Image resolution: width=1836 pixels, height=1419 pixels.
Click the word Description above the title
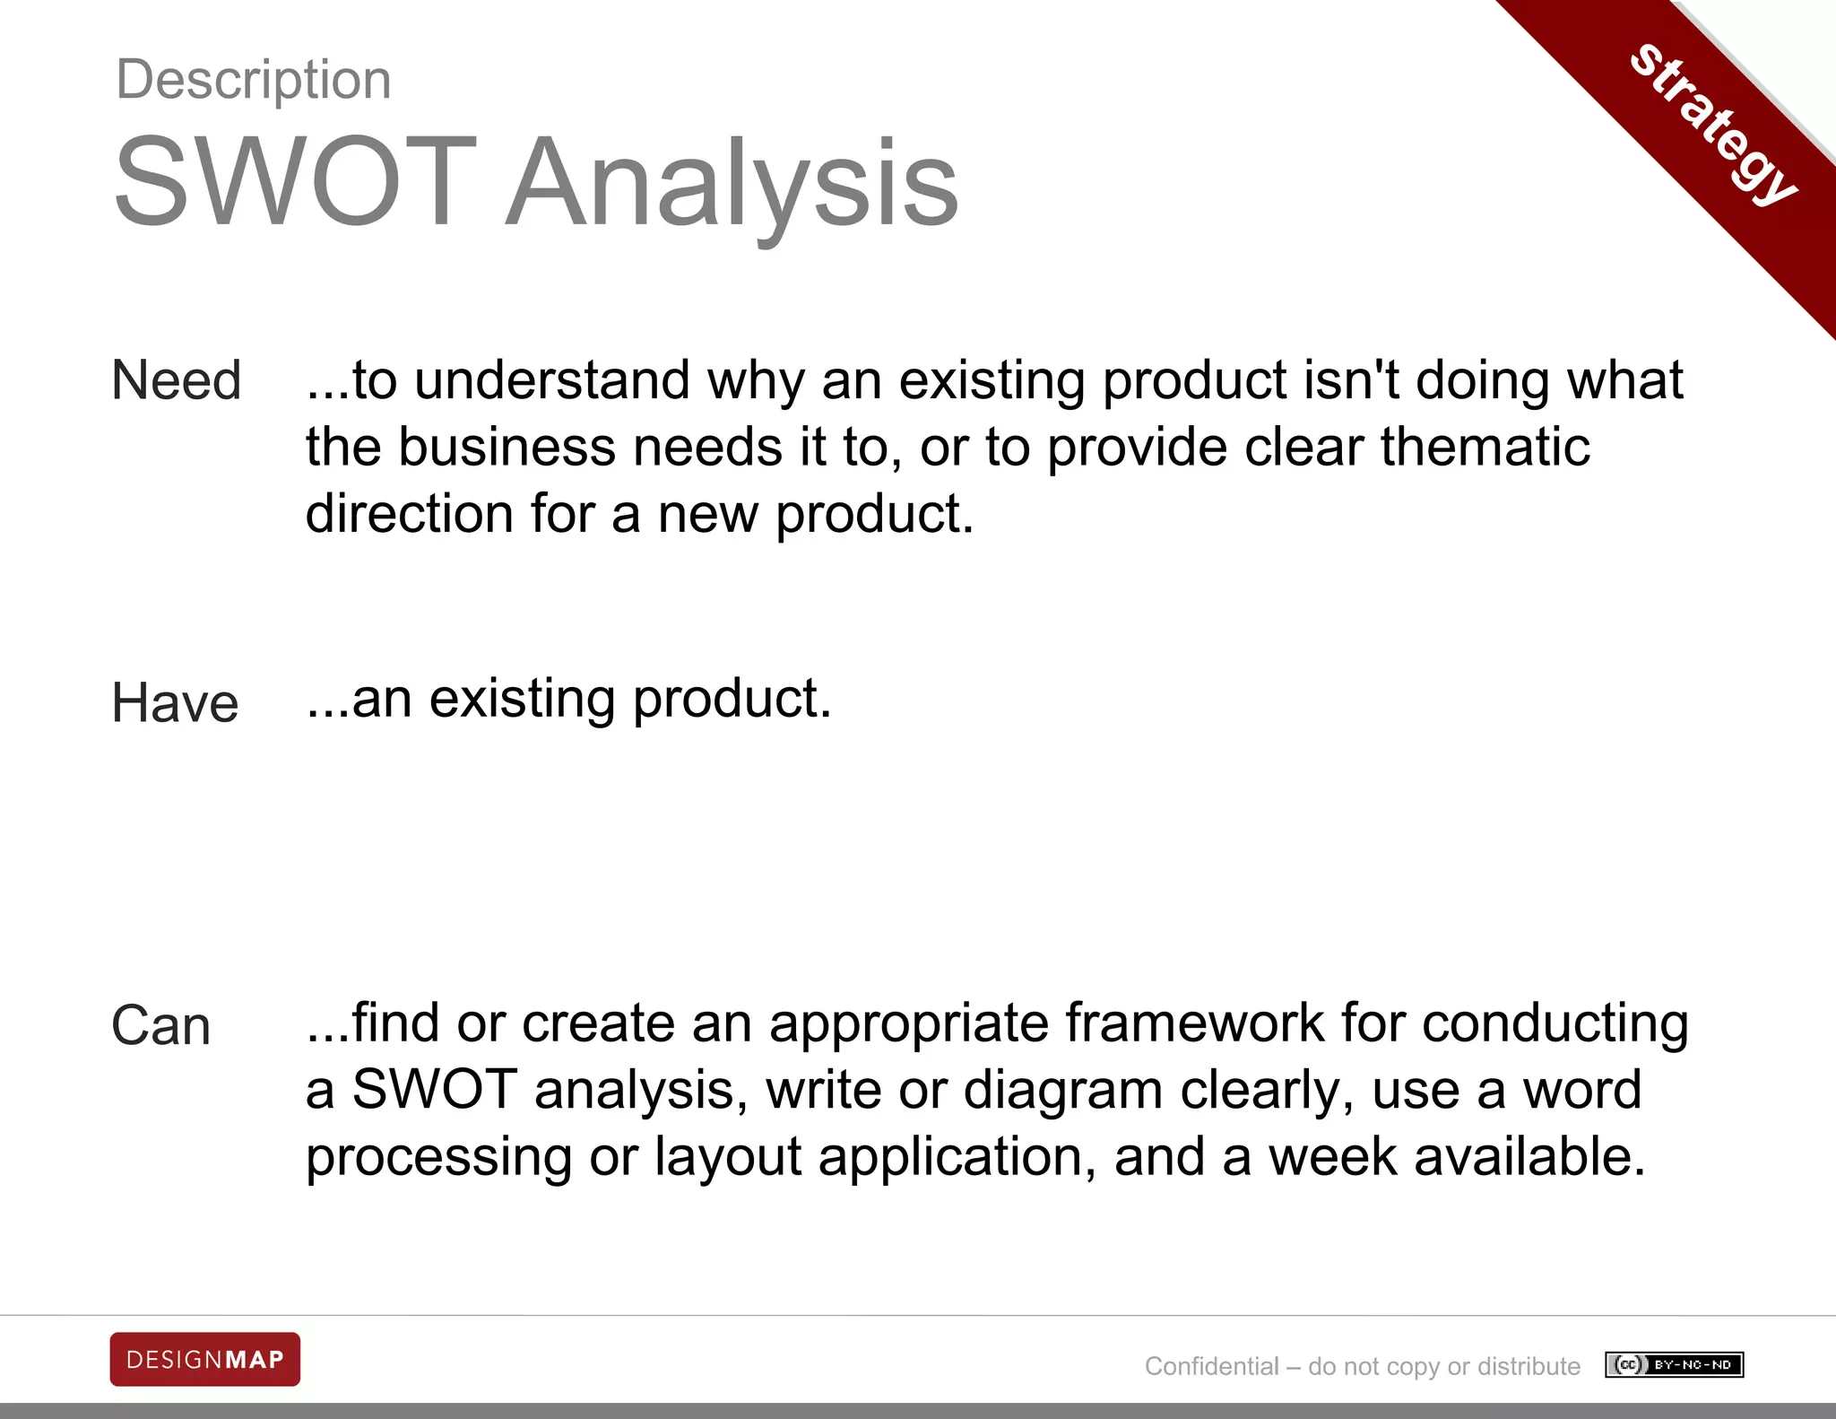click(x=254, y=80)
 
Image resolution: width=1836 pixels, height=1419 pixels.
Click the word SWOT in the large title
click(x=296, y=182)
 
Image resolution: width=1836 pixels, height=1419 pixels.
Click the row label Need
click(x=177, y=379)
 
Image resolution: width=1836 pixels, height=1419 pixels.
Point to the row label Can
click(x=161, y=1025)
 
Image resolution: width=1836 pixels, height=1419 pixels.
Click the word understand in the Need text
click(x=552, y=379)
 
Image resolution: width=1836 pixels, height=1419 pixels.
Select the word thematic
click(x=1485, y=447)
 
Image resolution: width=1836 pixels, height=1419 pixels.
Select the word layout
click(x=728, y=1158)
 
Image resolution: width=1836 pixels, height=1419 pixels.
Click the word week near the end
click(x=1332, y=1157)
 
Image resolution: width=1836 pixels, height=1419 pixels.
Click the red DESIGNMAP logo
click(x=205, y=1360)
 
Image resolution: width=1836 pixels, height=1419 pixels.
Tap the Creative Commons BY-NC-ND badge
click(x=1674, y=1365)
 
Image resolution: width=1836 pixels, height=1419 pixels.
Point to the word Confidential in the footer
click(x=1211, y=1366)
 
